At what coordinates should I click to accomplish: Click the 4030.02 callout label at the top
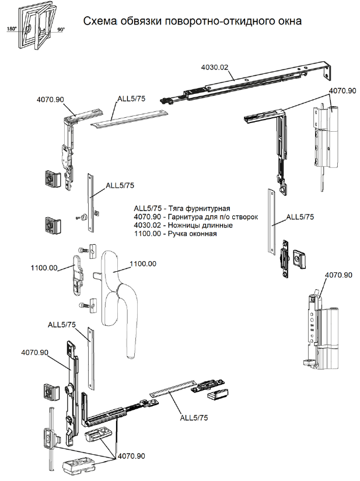215,67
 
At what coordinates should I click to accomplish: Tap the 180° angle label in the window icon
11,29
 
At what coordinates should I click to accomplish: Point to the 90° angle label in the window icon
61,30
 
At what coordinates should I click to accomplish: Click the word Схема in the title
100,21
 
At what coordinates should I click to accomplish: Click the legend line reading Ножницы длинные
183,225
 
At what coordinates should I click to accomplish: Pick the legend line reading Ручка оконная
175,233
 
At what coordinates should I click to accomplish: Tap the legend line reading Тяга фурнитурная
182,209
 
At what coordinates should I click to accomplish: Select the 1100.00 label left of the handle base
44,268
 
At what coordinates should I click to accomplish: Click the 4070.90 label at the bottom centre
131,456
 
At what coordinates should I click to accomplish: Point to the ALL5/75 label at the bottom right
194,417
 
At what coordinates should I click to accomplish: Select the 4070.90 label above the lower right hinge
338,275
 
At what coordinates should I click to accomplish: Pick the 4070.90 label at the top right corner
342,91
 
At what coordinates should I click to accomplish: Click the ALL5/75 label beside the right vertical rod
300,217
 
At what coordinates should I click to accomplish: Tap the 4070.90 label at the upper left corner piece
50,100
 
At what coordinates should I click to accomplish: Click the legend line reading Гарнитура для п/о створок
196,217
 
